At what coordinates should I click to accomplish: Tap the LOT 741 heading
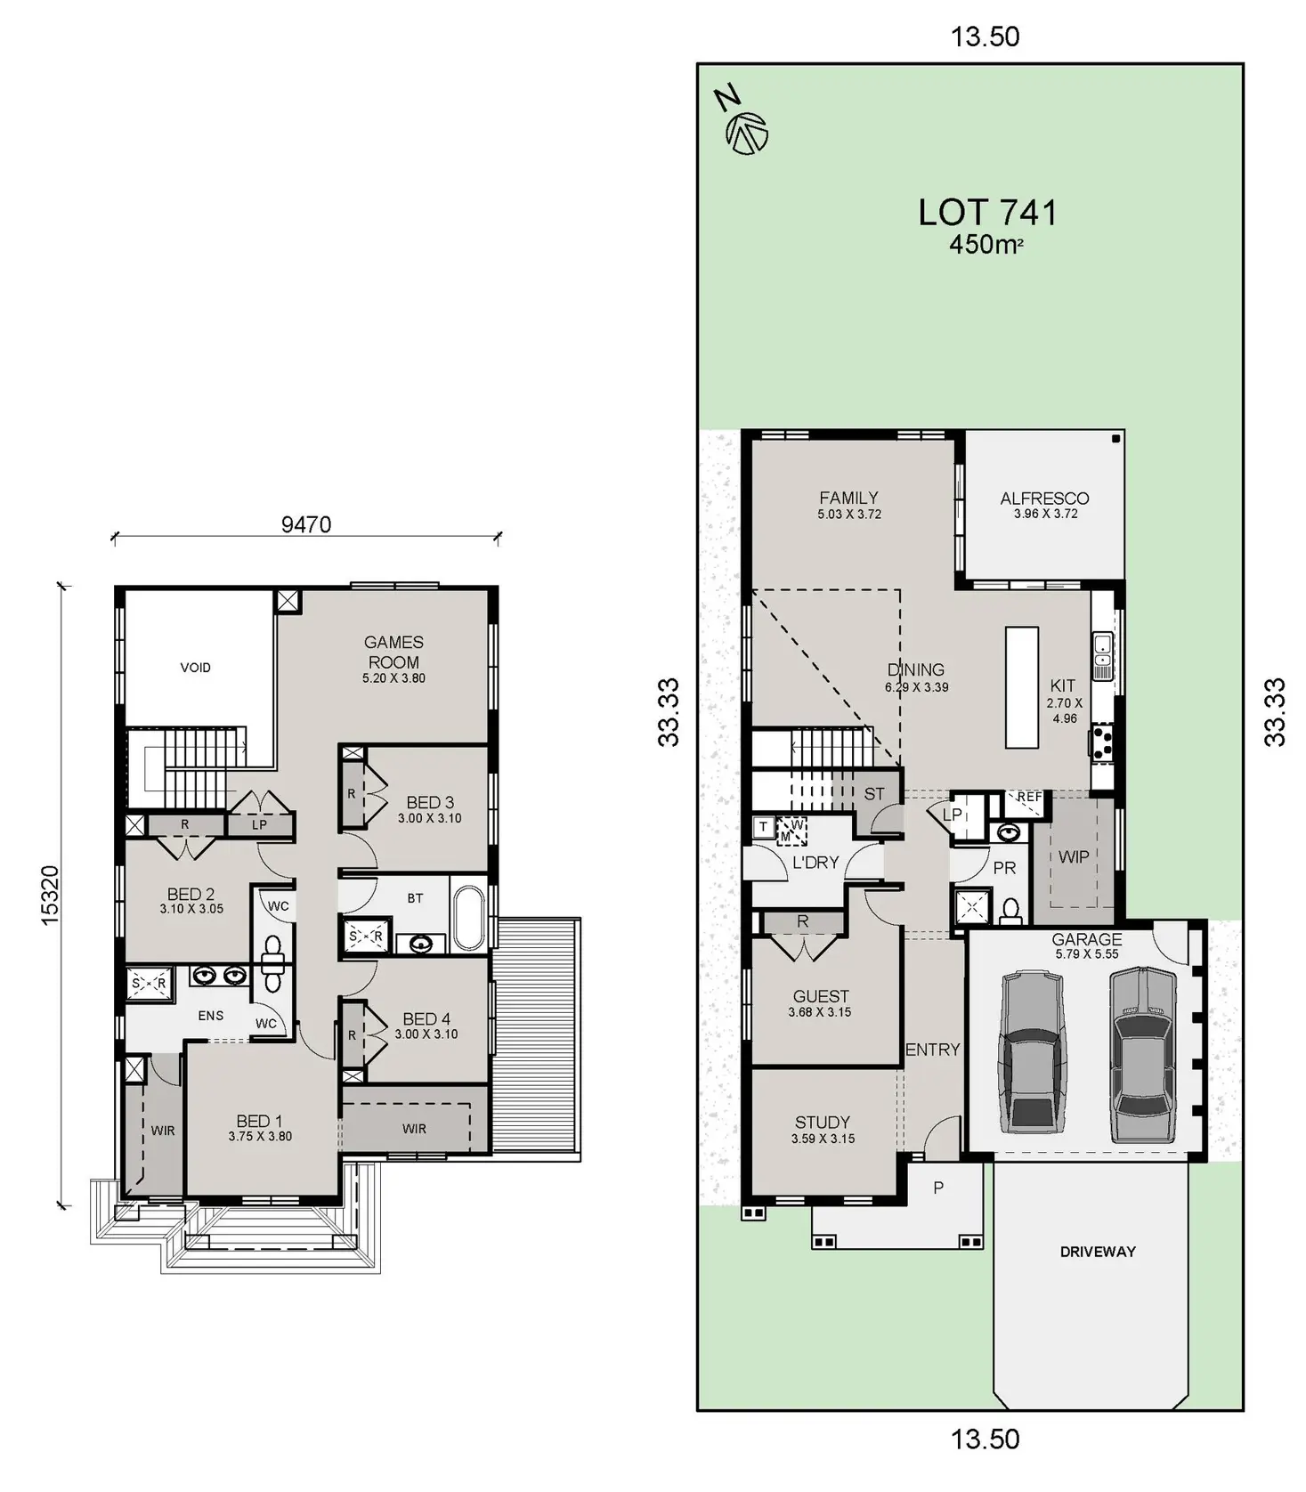coord(988,212)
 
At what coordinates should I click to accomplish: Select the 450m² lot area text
coord(986,244)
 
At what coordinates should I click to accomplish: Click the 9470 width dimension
coord(306,524)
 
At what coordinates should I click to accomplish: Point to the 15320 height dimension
coord(50,895)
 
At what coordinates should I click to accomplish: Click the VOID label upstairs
coord(196,667)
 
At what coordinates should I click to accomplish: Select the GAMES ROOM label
coord(393,652)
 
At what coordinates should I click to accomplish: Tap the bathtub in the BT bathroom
coord(468,917)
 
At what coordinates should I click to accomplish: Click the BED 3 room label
coord(430,802)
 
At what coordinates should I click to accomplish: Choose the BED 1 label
coord(259,1121)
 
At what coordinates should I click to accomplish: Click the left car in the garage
coord(1032,1051)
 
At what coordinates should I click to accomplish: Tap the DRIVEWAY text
coord(1098,1251)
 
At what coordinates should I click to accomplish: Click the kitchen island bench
coord(1022,686)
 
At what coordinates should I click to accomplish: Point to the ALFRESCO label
coord(1044,498)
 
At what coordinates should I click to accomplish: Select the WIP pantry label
coord(1074,856)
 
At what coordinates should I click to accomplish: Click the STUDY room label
coord(823,1122)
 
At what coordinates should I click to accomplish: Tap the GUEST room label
coord(821,996)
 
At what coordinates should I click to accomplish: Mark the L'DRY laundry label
coord(815,862)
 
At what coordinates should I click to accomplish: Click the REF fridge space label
coord(1029,797)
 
